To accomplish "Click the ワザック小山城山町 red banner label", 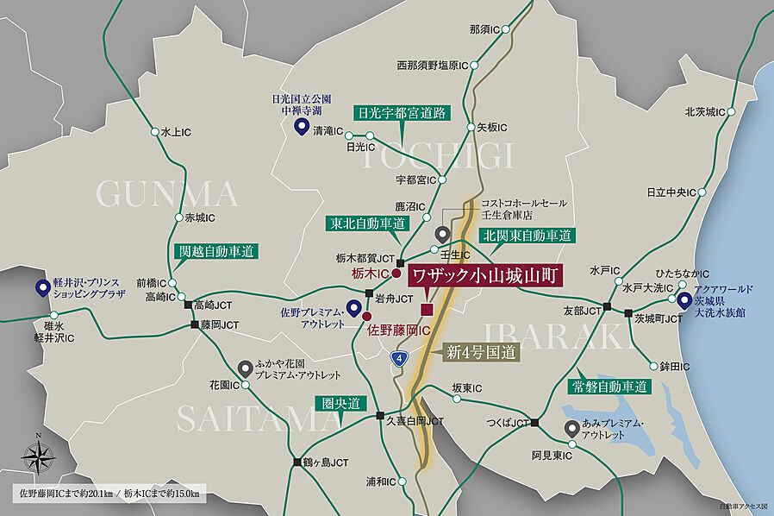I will tap(483, 276).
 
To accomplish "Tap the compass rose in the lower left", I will tap(38, 455).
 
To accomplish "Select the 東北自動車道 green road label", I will tap(366, 223).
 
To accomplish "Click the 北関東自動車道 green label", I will tap(527, 234).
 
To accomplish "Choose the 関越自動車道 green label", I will tap(216, 252).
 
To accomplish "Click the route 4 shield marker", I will tap(398, 358).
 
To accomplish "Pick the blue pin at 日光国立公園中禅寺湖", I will tap(302, 128).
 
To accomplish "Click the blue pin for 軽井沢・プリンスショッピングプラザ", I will tap(41, 288).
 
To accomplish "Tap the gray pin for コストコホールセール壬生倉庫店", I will tap(442, 233).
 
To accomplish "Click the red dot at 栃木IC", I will tap(396, 274).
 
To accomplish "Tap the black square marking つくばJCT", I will tap(535, 423).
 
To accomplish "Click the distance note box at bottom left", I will tap(109, 494).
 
